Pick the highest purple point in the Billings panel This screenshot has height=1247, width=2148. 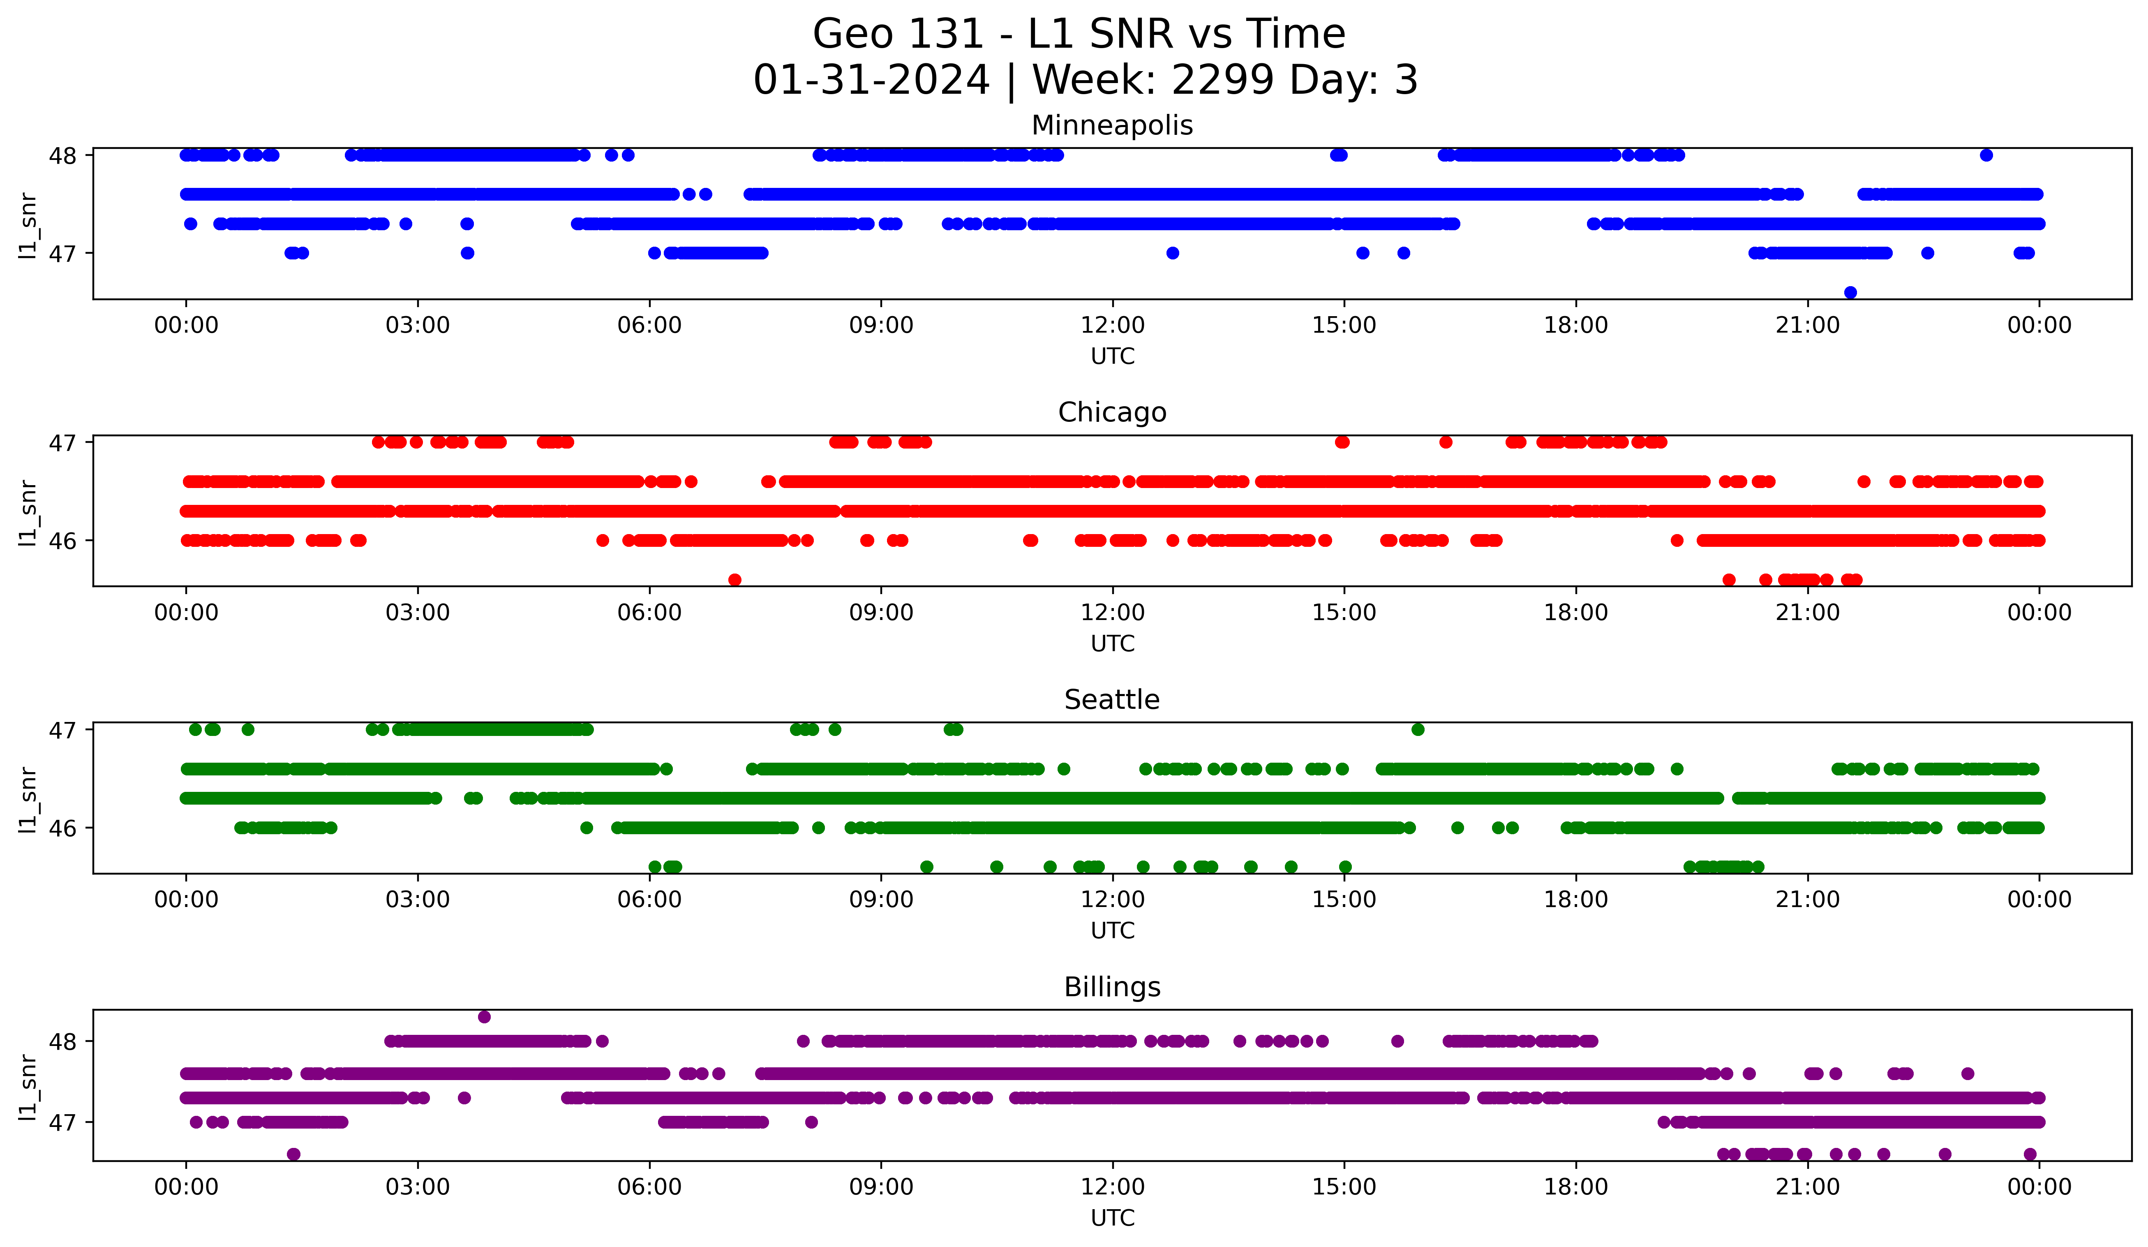[x=484, y=1017]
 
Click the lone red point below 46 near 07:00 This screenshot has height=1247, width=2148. [x=735, y=580]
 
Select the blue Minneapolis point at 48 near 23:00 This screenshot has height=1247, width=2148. [x=1986, y=155]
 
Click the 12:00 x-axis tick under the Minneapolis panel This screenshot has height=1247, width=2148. [x=1112, y=326]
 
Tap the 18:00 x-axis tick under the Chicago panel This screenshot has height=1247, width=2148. [x=1575, y=613]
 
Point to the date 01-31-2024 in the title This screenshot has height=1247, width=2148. [x=871, y=80]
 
